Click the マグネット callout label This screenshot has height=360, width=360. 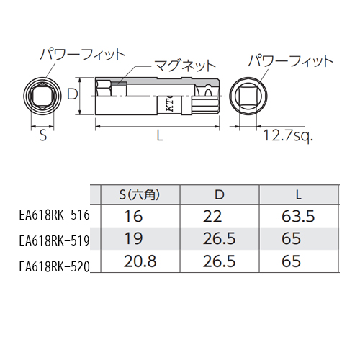tap(184, 66)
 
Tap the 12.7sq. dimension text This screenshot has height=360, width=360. tap(288, 136)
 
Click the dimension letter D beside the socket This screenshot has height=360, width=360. tap(73, 94)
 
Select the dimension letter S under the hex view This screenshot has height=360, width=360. tap(42, 135)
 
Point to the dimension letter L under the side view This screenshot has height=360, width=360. tap(160, 135)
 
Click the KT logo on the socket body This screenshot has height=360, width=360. tap(170, 104)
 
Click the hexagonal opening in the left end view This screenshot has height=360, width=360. tap(42, 96)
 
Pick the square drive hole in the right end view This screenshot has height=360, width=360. tap(248, 96)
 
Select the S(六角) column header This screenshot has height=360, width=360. tap(140, 195)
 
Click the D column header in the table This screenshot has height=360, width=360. tap(220, 195)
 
